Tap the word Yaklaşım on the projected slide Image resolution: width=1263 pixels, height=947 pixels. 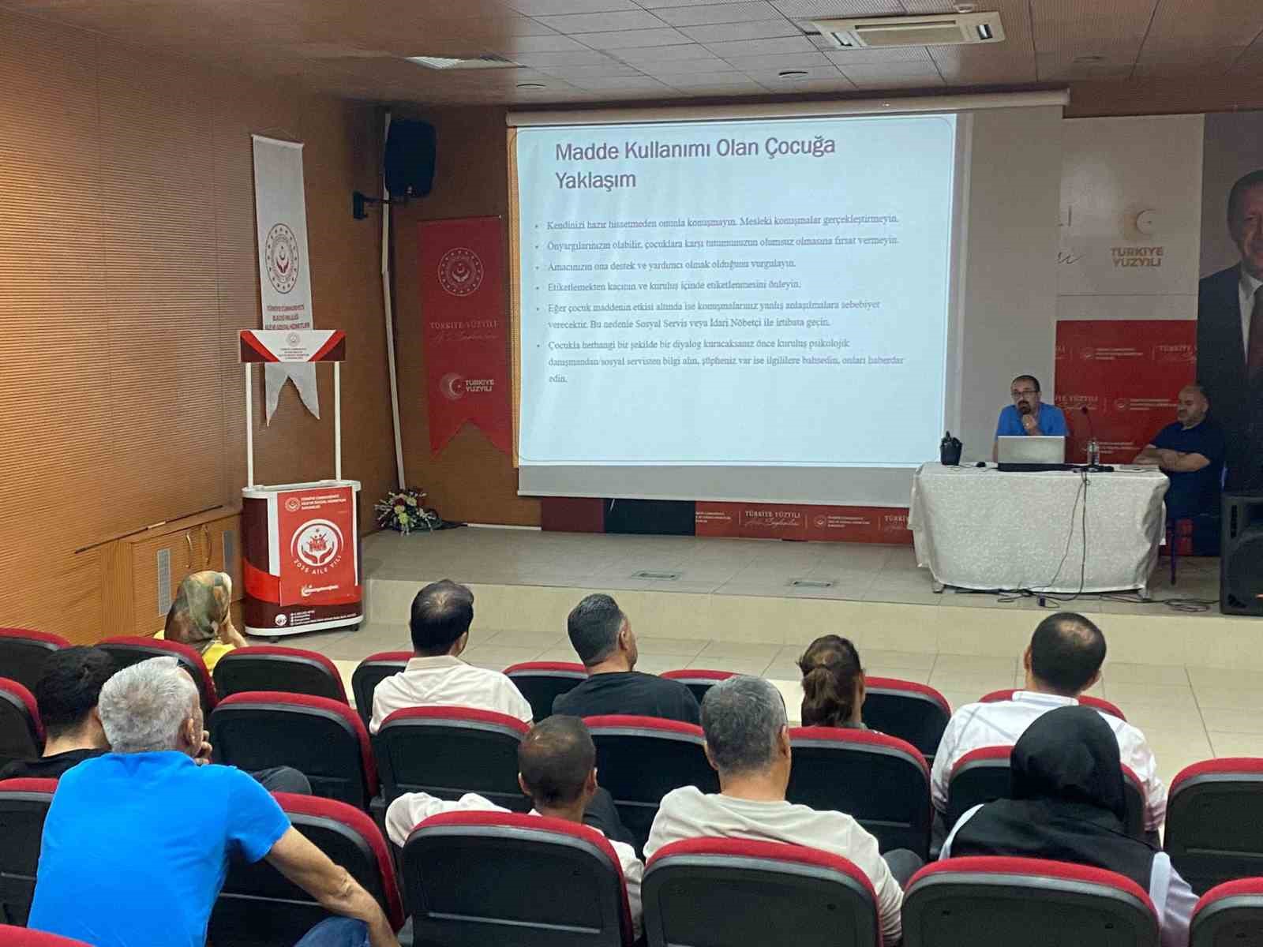point(595,180)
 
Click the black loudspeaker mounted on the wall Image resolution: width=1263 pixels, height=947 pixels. point(410,158)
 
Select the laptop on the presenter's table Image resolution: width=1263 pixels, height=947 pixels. point(1031,451)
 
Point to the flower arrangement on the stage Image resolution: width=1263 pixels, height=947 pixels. point(405,509)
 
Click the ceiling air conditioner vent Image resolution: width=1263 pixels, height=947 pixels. point(909,29)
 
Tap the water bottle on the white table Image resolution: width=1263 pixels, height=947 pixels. point(1092,452)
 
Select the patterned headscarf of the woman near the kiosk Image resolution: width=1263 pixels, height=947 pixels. point(199,605)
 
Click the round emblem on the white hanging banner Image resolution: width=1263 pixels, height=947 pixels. point(282,253)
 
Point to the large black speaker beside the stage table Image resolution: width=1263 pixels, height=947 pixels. point(1242,552)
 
